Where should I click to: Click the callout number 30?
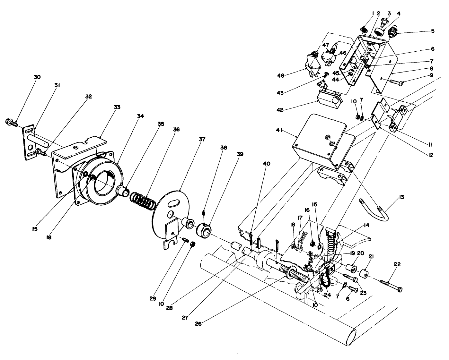[x=37, y=77]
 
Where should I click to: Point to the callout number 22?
[x=397, y=264]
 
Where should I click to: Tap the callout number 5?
[x=433, y=31]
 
